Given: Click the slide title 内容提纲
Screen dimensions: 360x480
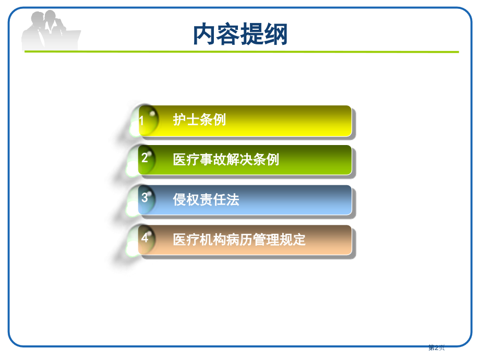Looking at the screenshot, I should click(240, 34).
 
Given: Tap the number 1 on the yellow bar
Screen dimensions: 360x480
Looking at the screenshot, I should click(141, 121).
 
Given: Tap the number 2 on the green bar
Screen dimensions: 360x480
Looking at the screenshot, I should click(145, 157).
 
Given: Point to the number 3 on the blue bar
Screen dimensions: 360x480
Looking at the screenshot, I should click(145, 198).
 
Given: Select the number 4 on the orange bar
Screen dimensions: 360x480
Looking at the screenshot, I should click(145, 238).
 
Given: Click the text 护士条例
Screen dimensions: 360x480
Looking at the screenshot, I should click(199, 120).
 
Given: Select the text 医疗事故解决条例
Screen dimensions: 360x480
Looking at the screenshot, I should click(226, 160).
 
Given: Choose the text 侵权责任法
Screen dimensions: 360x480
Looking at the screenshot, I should click(206, 200).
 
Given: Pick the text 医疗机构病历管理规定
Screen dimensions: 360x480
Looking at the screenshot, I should click(239, 240).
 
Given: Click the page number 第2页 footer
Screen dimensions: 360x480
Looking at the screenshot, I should click(437, 347).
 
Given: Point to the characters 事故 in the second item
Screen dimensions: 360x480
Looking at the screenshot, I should click(213, 160).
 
